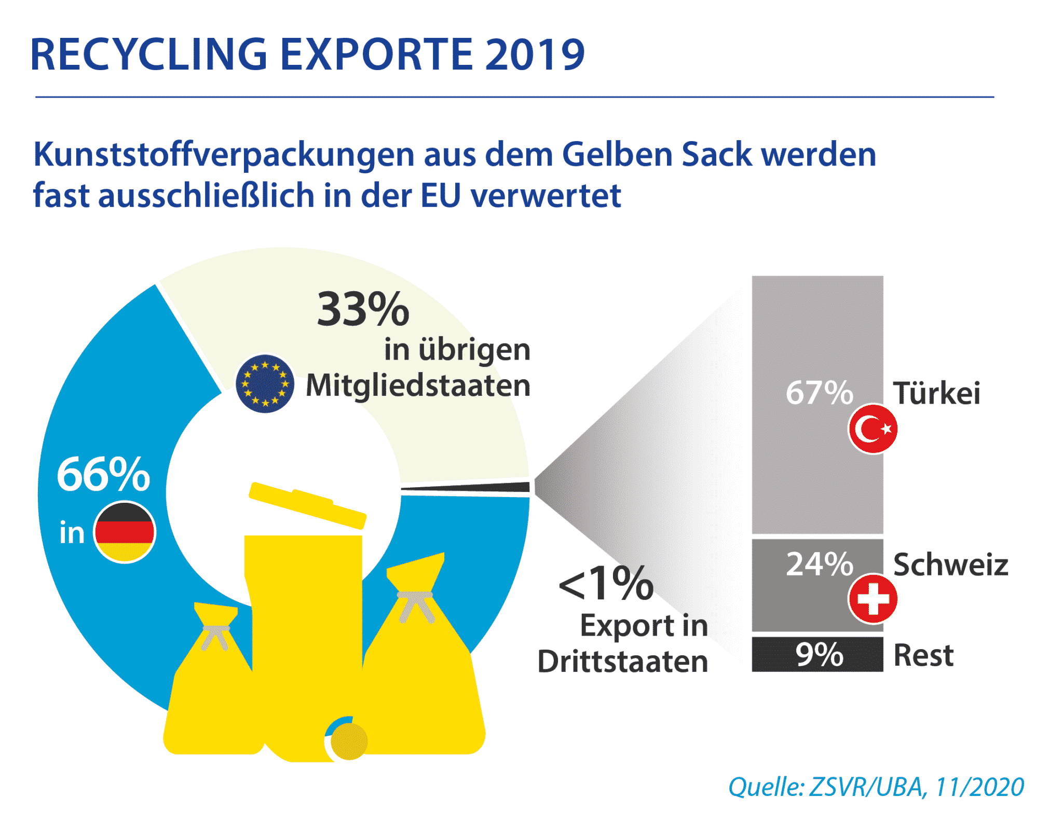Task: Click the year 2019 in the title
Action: coord(535,54)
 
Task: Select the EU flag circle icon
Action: coord(265,384)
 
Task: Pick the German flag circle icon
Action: coord(125,532)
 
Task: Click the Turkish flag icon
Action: coord(873,429)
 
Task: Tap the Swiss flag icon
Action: coord(873,598)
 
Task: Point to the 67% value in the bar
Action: coord(819,393)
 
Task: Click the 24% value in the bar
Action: coord(819,564)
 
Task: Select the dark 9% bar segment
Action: coord(817,654)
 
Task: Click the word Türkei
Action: coord(937,393)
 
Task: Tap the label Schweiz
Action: coord(950,565)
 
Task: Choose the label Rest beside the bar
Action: coord(923,655)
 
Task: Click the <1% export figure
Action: coord(606,584)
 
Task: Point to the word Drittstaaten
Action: coord(622,662)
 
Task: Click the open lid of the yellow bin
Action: coord(308,505)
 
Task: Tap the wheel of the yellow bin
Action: coord(348,741)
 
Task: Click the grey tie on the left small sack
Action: coord(215,636)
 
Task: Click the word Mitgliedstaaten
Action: coord(418,386)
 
